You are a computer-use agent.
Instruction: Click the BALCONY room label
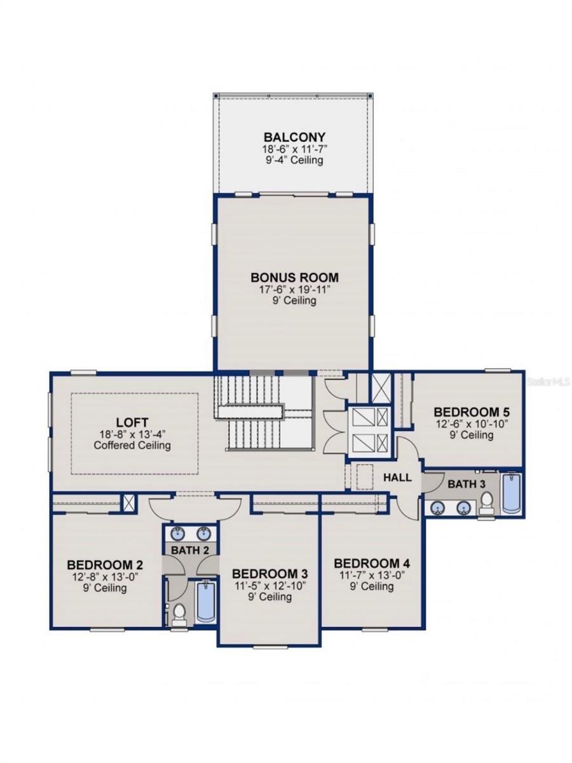coord(294,137)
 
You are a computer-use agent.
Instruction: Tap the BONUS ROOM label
coord(294,277)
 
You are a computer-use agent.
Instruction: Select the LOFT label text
coord(132,422)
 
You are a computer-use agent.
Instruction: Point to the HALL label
coord(397,477)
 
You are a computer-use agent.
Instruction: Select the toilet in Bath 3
coord(487,503)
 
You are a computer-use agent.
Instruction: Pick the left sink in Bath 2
coord(179,533)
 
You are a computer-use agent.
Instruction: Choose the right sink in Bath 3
coord(465,507)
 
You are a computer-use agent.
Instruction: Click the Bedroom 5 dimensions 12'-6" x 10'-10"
coord(462,423)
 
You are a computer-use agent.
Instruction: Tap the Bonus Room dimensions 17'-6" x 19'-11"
coord(294,289)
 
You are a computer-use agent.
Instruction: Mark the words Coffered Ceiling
coord(132,445)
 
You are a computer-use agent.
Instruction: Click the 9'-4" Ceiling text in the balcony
coord(294,160)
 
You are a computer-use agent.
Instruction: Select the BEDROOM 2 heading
coord(105,565)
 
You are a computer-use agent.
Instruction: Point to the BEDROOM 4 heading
coord(372,563)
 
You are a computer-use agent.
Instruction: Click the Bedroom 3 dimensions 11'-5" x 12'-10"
coord(270,586)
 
